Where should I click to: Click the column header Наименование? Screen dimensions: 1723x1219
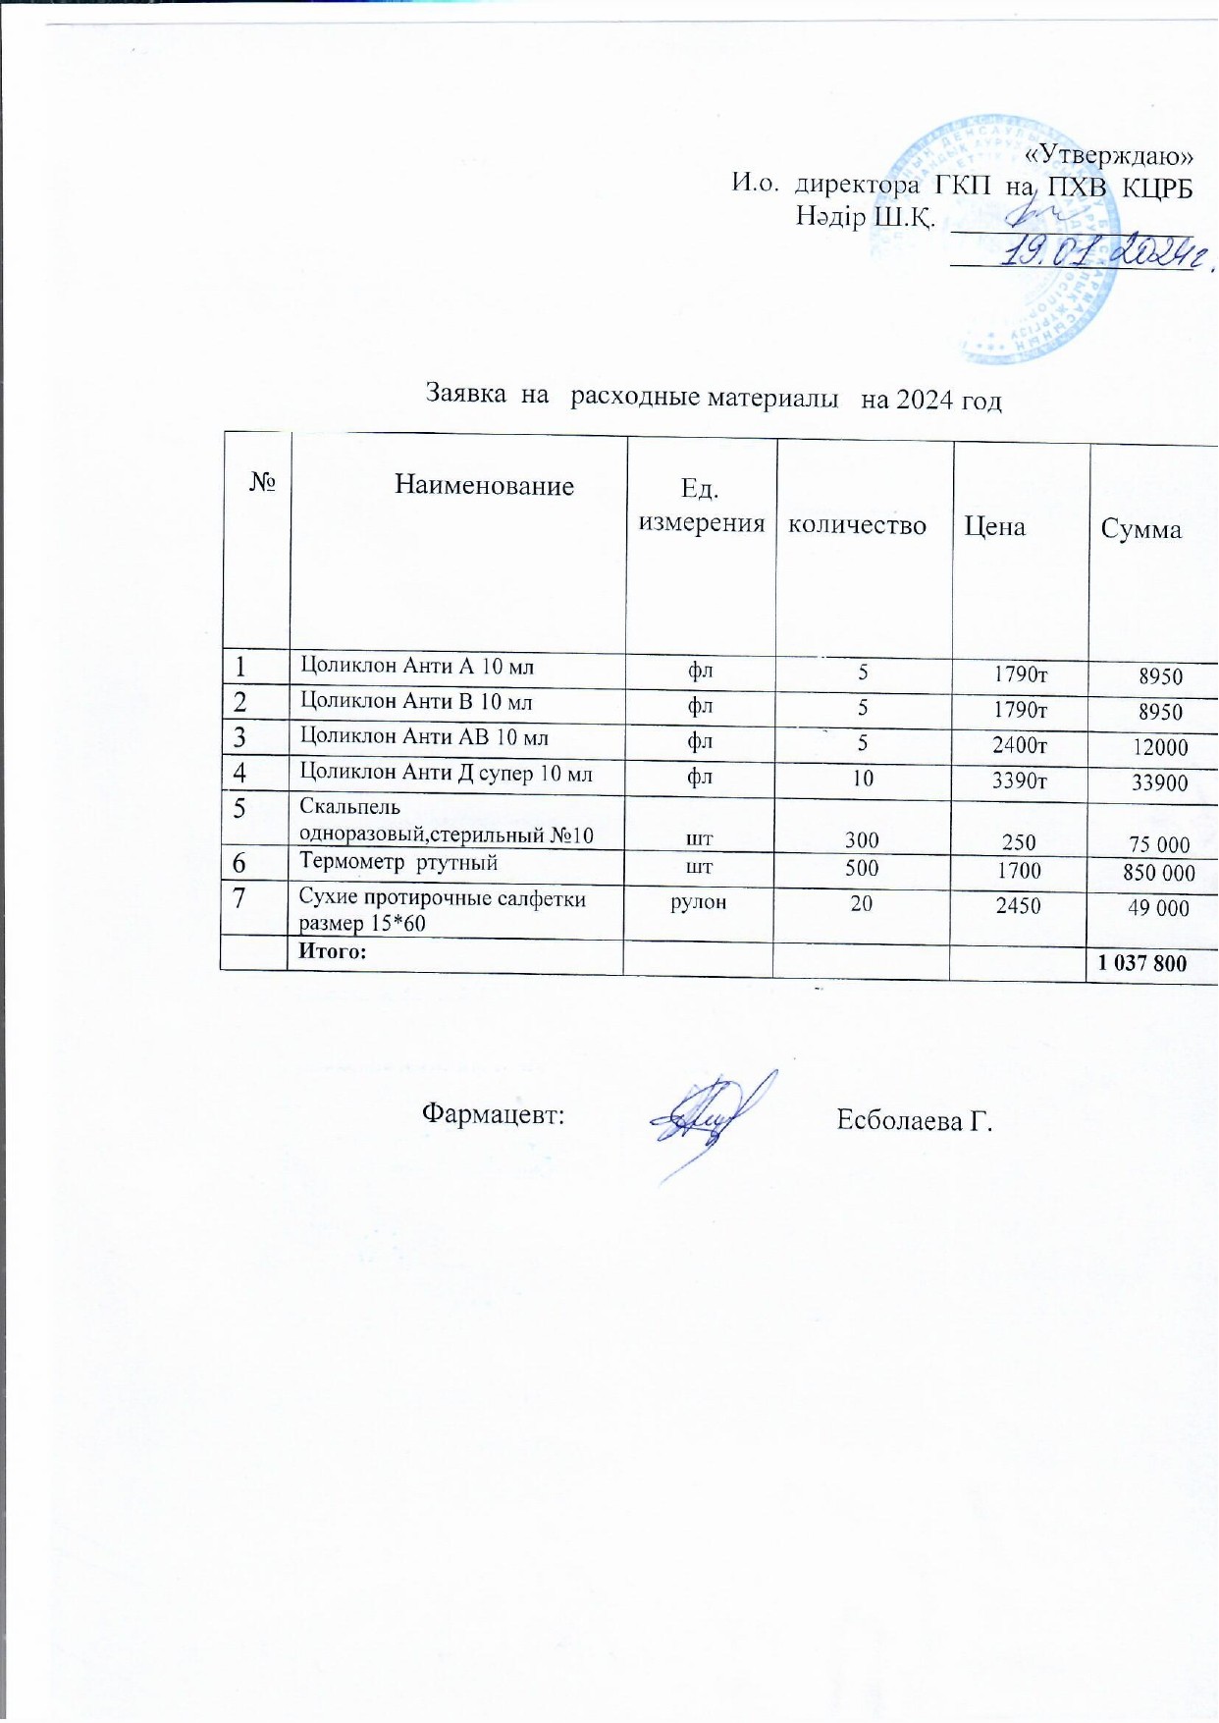(484, 485)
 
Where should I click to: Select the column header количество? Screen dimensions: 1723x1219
(857, 525)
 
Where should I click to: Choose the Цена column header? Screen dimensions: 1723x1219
(994, 526)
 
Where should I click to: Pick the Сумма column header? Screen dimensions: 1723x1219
(1140, 529)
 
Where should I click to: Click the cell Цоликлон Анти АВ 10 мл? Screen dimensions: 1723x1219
(424, 737)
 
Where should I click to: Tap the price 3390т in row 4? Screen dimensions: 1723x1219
(1020, 781)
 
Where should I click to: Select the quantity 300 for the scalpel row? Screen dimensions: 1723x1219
(862, 840)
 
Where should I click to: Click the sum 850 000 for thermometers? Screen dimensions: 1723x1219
(1158, 873)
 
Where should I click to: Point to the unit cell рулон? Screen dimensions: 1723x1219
(698, 902)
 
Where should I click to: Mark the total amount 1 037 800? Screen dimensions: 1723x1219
(1142, 963)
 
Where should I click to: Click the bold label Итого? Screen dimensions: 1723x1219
(332, 950)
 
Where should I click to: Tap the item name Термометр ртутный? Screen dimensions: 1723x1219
(398, 862)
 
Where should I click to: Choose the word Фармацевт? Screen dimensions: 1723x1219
(493, 1113)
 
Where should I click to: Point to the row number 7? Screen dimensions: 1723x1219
(238, 897)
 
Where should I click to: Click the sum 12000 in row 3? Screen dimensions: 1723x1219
(1160, 747)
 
